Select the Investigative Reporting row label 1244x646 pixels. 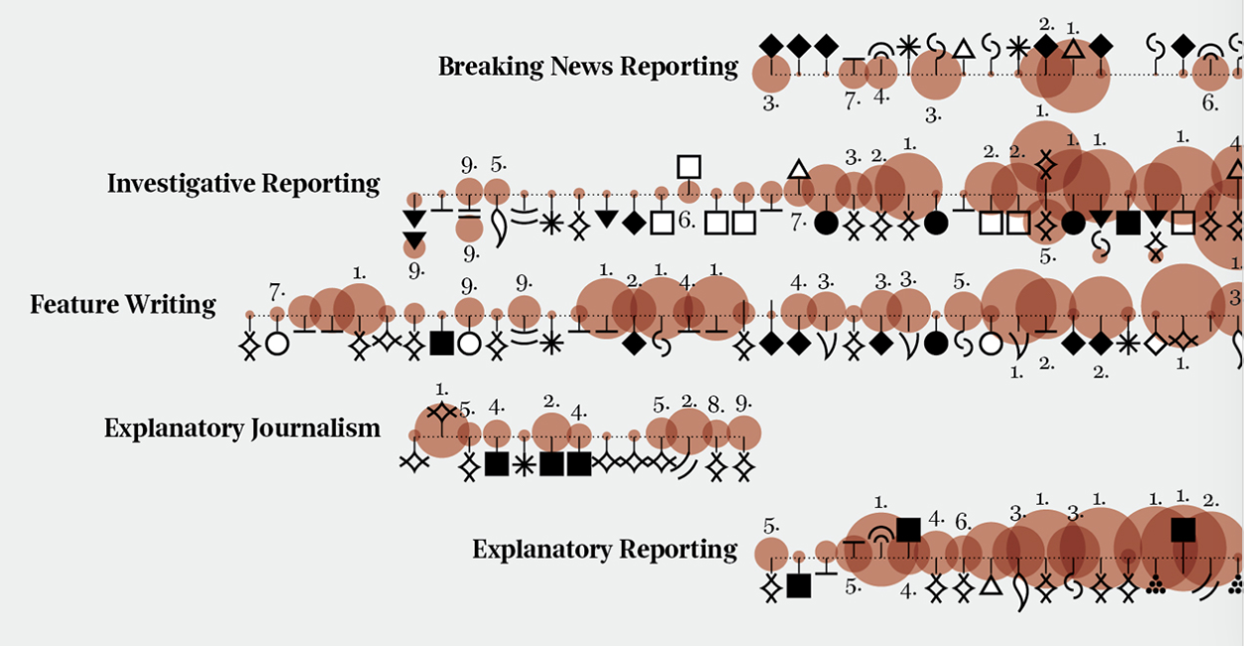pos(243,184)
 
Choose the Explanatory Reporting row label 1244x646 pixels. pos(604,550)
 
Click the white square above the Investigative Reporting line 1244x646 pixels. pos(689,166)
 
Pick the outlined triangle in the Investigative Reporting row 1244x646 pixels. pos(798,169)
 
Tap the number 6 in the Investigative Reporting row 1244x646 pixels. pos(687,221)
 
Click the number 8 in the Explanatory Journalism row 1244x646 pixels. pos(716,405)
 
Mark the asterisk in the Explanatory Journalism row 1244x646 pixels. pos(524,464)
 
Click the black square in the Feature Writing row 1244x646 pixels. pos(441,343)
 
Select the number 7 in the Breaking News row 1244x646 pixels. pos(851,100)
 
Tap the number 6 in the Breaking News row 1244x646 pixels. pos(1209,102)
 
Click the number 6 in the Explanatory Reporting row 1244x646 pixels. pos(962,522)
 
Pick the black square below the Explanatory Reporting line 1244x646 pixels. pos(798,586)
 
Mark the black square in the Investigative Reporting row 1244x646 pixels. pos(1127,223)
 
